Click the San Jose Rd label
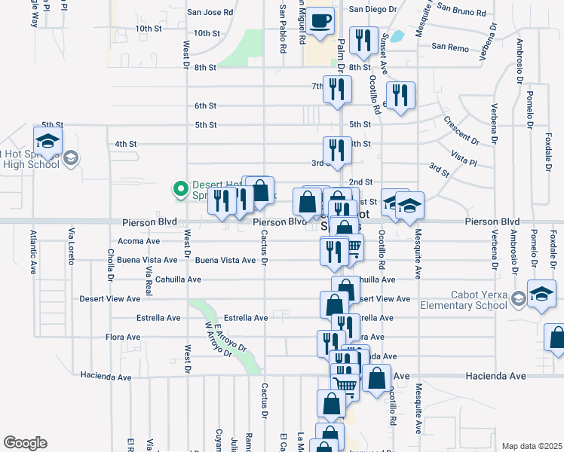[x=210, y=13]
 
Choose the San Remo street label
[x=450, y=47]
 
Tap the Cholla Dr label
[x=110, y=264]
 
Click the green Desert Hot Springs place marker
[x=180, y=188]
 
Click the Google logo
[x=25, y=443]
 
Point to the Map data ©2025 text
[x=531, y=446]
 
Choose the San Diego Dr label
[x=372, y=9]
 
